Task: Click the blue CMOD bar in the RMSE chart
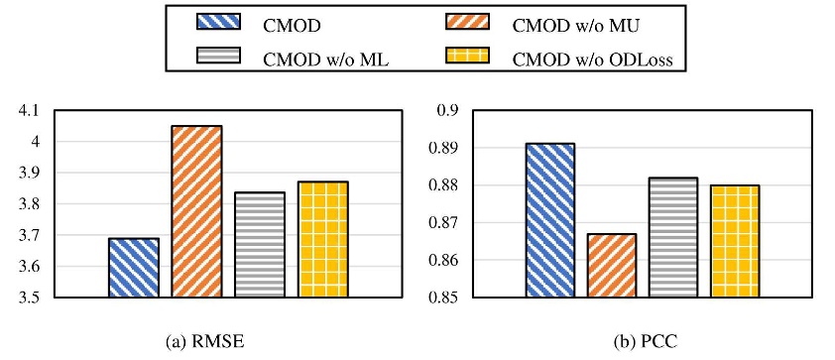tap(133, 268)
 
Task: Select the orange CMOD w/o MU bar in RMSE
tap(196, 211)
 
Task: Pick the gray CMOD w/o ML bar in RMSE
tap(260, 245)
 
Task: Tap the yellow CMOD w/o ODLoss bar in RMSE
tap(323, 239)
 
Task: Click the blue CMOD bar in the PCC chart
tap(549, 220)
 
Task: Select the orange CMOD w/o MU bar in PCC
tap(612, 265)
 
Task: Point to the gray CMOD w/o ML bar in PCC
tap(674, 237)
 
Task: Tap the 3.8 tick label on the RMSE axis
tap(35, 204)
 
